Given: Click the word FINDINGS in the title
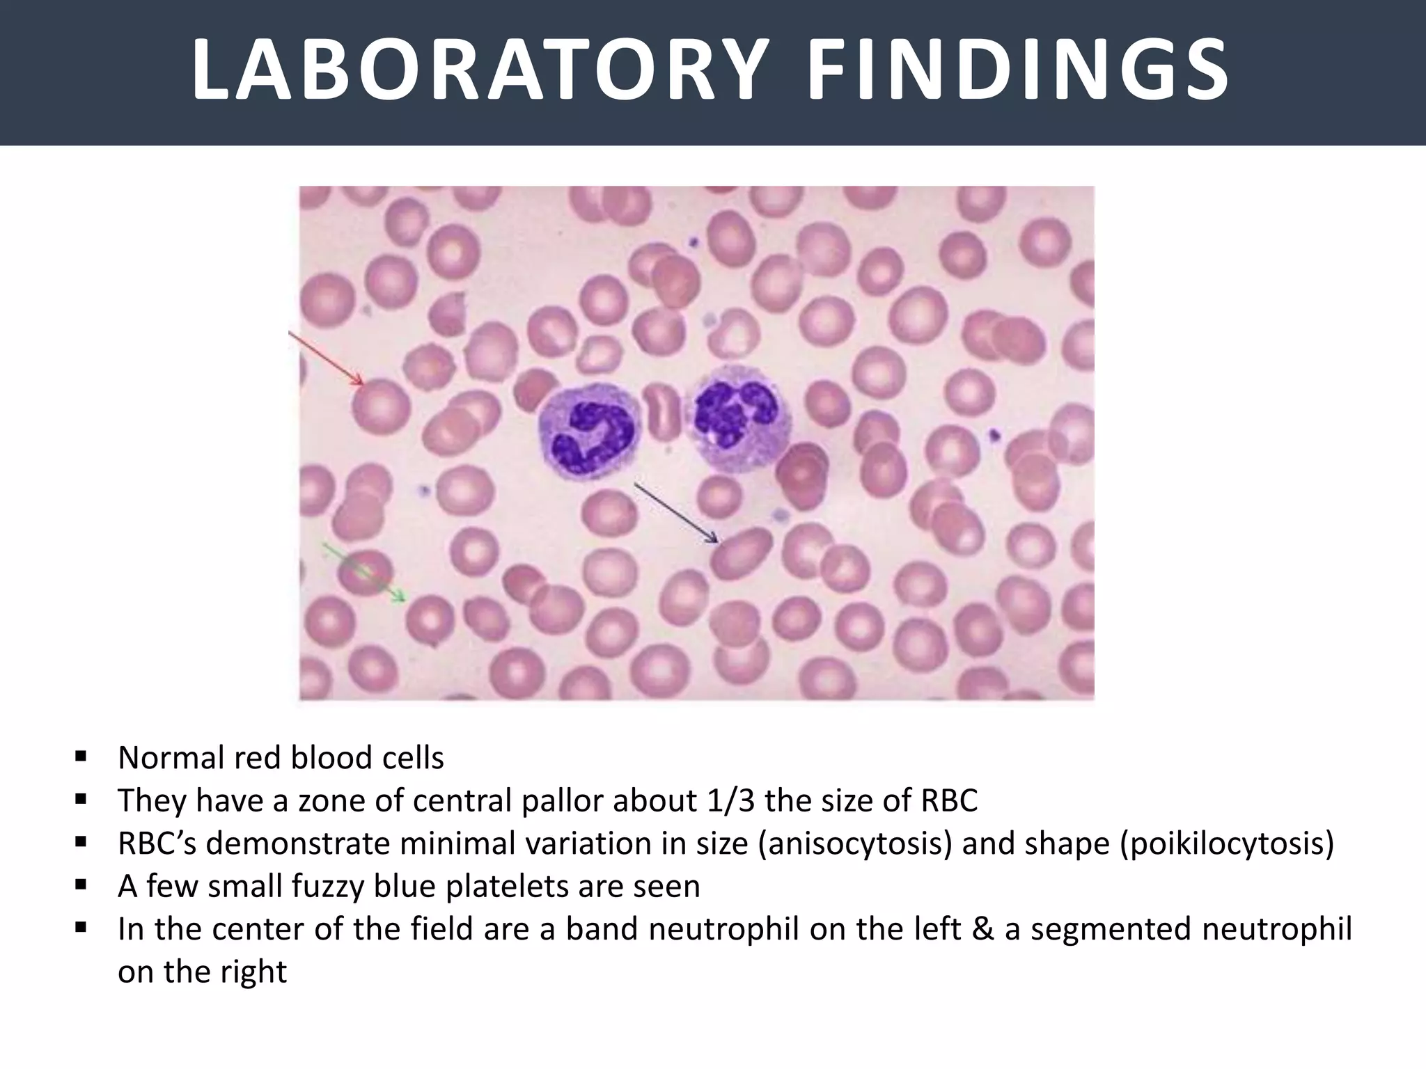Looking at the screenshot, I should (x=1017, y=71).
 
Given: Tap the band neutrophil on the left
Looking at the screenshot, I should (x=588, y=434).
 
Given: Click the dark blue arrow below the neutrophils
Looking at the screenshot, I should (x=675, y=512).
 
